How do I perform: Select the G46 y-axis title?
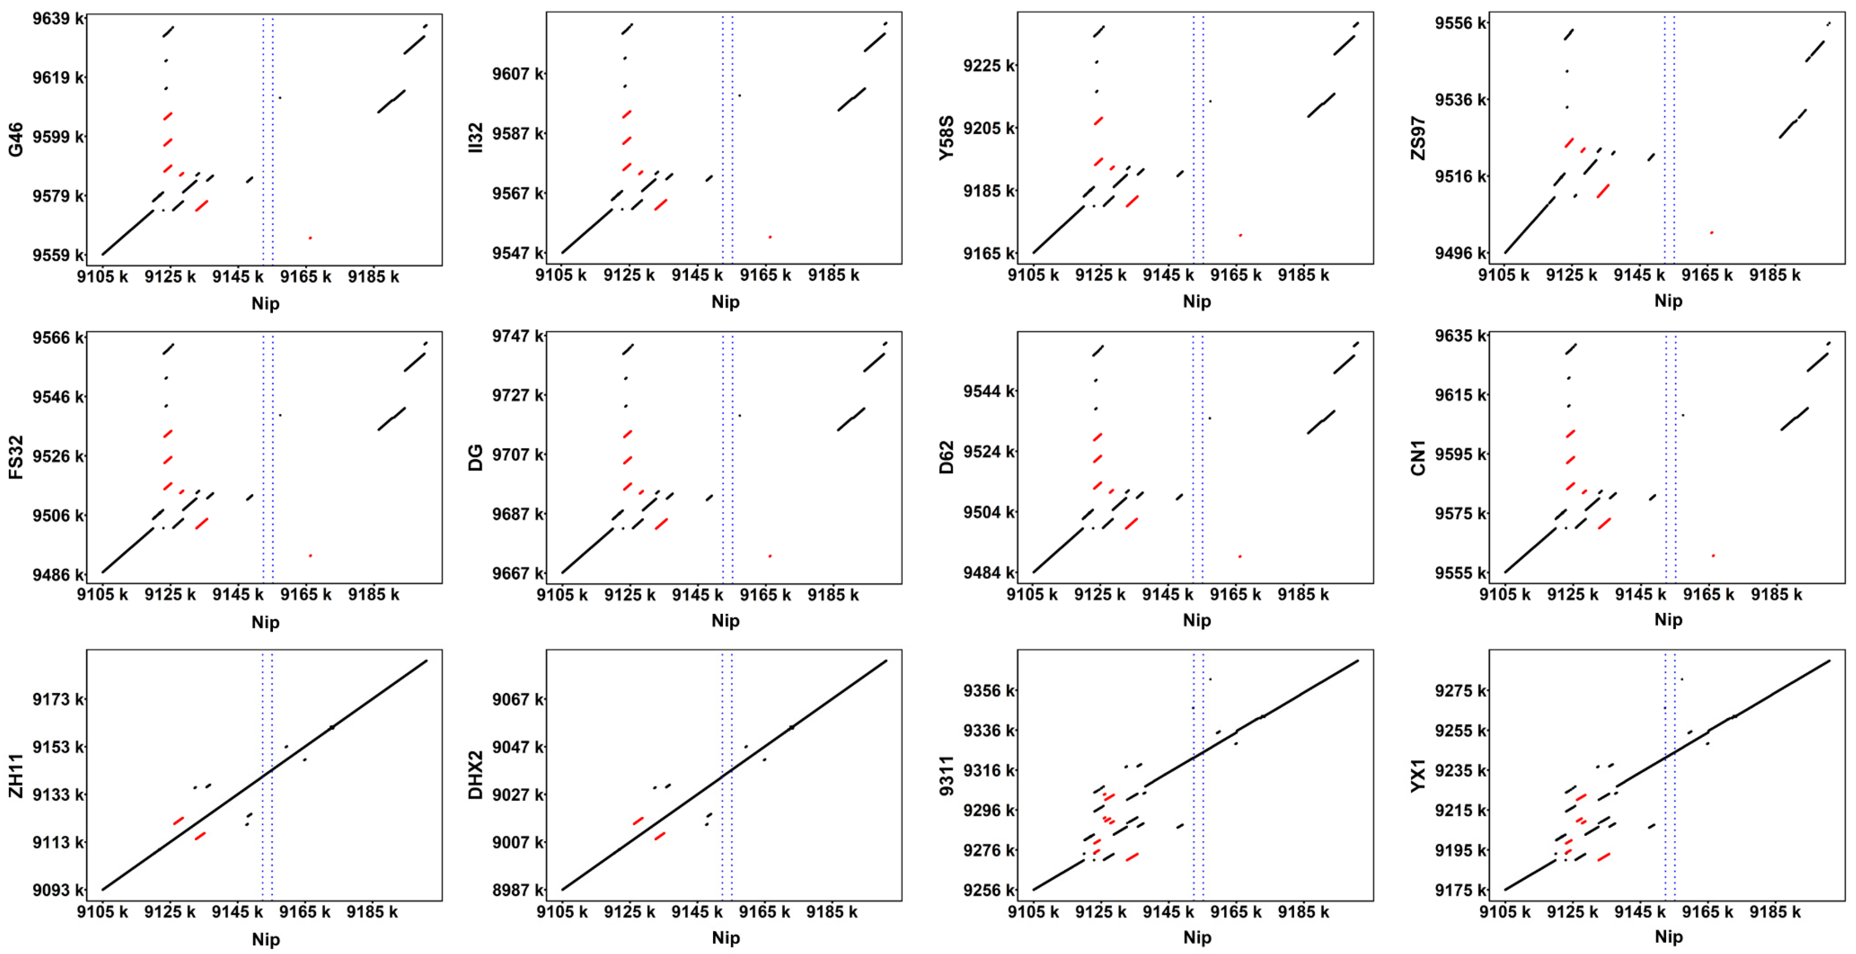click(15, 139)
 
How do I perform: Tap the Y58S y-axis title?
click(946, 137)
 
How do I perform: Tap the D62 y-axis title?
click(946, 457)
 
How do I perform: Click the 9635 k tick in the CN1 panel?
click(1460, 336)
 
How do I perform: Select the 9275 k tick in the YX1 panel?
click(1460, 690)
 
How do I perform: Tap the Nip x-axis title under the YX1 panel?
click(1668, 937)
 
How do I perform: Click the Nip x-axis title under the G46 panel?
click(265, 303)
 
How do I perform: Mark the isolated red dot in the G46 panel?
click(310, 238)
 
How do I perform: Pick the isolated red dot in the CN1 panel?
click(1713, 555)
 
